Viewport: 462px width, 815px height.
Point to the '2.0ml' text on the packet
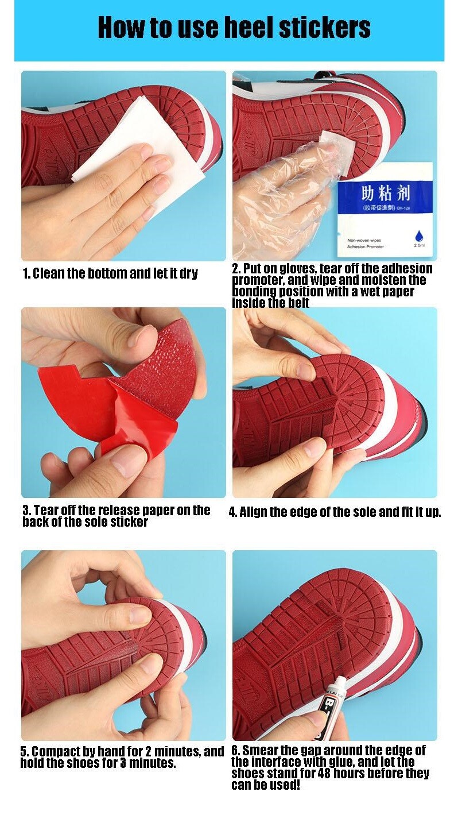click(x=419, y=245)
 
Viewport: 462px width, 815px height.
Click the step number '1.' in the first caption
click(x=26, y=273)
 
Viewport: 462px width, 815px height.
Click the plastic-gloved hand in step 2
click(x=275, y=195)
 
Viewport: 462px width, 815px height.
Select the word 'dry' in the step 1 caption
click(x=188, y=273)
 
